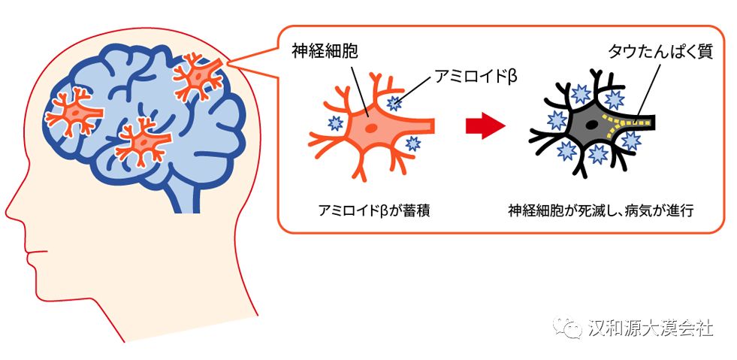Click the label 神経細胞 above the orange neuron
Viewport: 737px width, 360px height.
[325, 51]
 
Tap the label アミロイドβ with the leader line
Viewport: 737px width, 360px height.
[476, 76]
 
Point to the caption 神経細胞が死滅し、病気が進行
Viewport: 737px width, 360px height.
[600, 210]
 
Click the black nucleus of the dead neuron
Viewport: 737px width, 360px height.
[592, 126]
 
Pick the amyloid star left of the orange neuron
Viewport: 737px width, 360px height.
[336, 123]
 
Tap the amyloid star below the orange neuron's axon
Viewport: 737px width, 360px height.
[412, 143]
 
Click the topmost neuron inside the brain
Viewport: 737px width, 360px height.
[199, 77]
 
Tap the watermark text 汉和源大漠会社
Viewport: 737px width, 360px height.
[651, 328]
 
